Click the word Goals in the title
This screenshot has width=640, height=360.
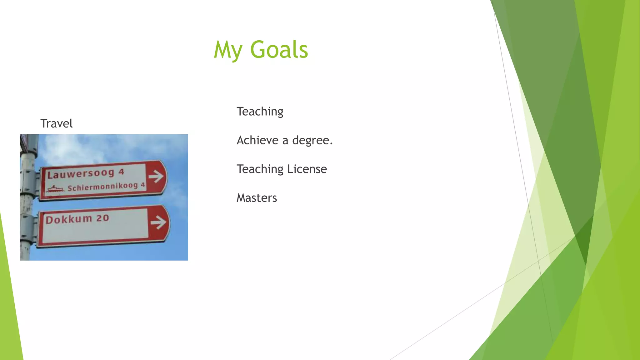(x=279, y=50)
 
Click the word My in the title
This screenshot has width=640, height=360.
(x=228, y=50)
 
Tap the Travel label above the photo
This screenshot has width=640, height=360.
(x=57, y=123)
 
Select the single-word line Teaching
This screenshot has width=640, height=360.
(x=260, y=112)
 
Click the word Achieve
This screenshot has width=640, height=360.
(x=257, y=140)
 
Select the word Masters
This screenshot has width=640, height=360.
(x=257, y=198)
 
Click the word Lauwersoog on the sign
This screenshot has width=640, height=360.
(x=81, y=174)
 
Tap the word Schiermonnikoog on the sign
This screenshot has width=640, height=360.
(x=102, y=187)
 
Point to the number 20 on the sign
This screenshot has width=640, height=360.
(x=102, y=218)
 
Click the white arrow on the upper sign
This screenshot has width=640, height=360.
(x=156, y=177)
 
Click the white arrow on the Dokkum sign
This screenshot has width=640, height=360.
(x=158, y=222)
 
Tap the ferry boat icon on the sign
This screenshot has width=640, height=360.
(x=55, y=189)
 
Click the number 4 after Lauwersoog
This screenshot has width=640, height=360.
(x=122, y=172)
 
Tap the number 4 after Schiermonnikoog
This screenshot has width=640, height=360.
(x=143, y=185)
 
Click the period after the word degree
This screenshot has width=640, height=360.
(x=331, y=144)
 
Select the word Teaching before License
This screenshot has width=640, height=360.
(x=260, y=169)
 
